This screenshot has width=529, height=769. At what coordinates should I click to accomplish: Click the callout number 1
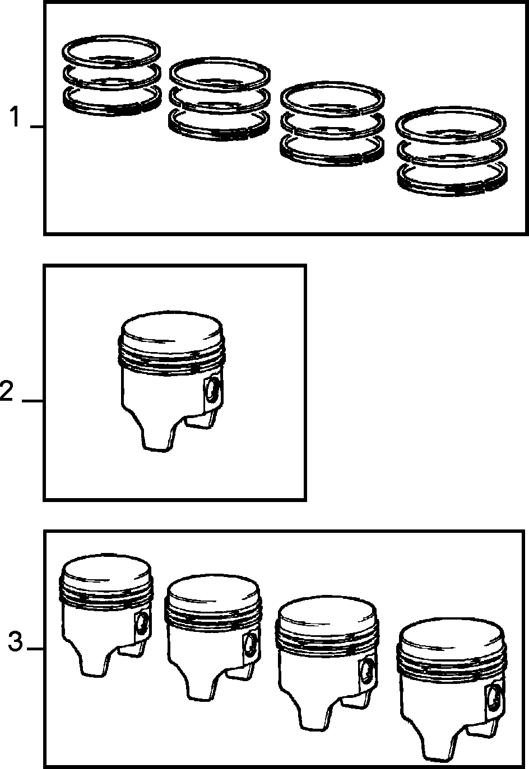(x=14, y=116)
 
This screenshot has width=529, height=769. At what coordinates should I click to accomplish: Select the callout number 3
(x=16, y=641)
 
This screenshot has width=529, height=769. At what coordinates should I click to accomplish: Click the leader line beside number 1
(x=37, y=127)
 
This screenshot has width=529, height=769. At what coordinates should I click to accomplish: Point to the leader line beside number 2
(x=33, y=401)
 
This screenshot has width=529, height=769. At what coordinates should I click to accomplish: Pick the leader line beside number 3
(x=35, y=649)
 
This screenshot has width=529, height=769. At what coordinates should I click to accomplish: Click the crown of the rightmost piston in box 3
(x=451, y=639)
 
